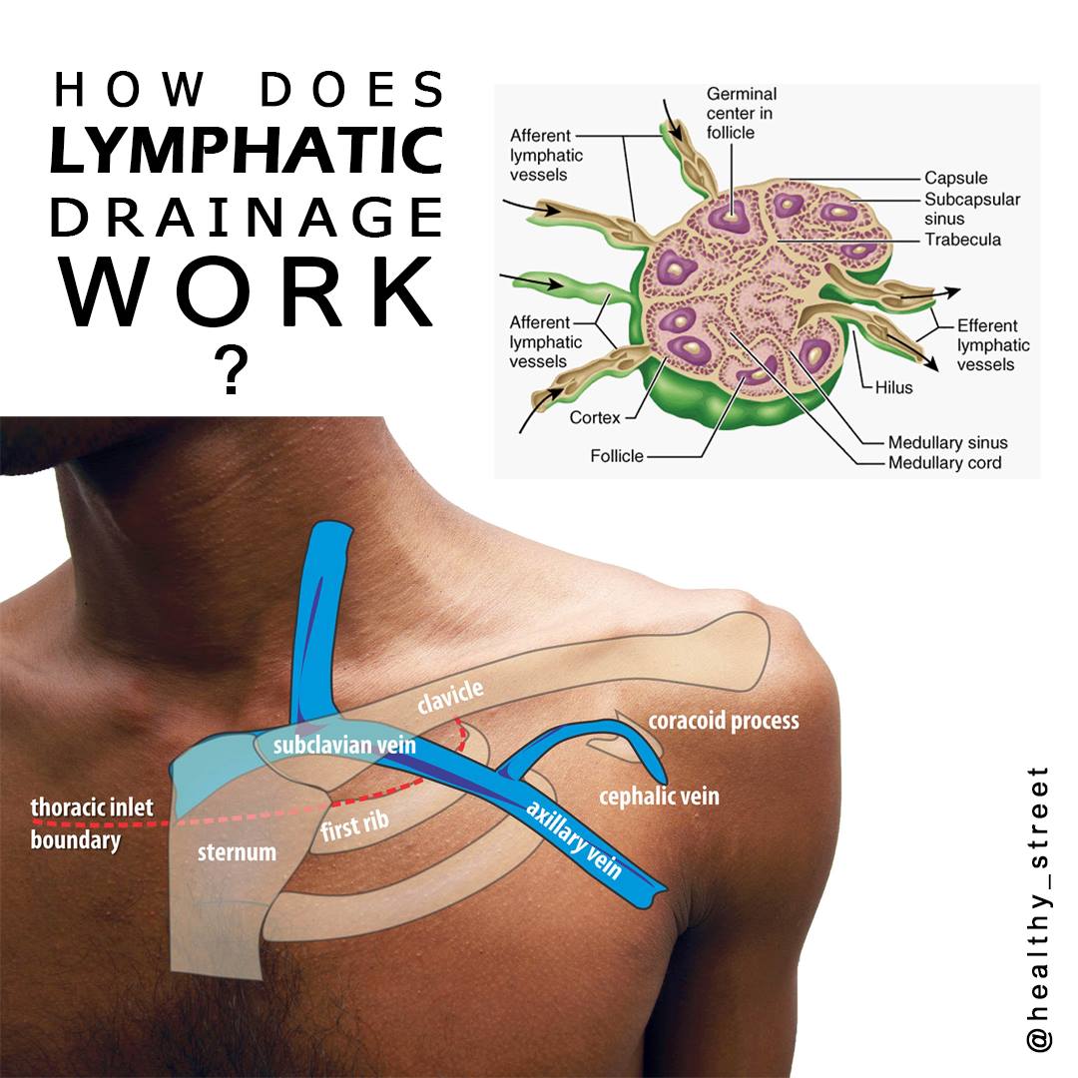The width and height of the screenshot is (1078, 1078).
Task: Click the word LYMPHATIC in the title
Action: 247,150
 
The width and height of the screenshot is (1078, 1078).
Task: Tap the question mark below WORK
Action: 232,370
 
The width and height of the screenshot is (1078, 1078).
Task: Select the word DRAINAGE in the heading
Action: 247,217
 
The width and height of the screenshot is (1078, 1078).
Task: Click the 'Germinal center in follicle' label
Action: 741,113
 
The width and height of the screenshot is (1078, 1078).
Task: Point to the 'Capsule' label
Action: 955,178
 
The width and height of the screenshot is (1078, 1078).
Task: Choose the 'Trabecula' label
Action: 962,240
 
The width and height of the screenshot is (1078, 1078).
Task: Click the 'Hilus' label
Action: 893,387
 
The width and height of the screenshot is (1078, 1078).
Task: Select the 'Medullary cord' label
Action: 944,463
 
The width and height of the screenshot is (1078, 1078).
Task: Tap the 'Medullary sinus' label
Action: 947,442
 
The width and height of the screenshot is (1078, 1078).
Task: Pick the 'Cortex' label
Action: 595,417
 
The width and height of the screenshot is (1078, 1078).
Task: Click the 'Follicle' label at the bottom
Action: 617,456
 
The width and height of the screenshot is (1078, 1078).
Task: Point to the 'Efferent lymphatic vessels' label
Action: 993,344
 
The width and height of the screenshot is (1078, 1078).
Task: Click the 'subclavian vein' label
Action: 344,746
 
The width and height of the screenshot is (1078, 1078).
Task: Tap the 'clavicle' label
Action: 450,697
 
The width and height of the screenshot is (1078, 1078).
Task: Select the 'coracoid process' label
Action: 724,722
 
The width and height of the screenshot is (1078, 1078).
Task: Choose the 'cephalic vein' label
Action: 659,797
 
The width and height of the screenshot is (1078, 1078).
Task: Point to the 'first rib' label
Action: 354,825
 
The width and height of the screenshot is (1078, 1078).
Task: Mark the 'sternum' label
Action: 237,852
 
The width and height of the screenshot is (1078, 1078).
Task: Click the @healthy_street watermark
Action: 1038,911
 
